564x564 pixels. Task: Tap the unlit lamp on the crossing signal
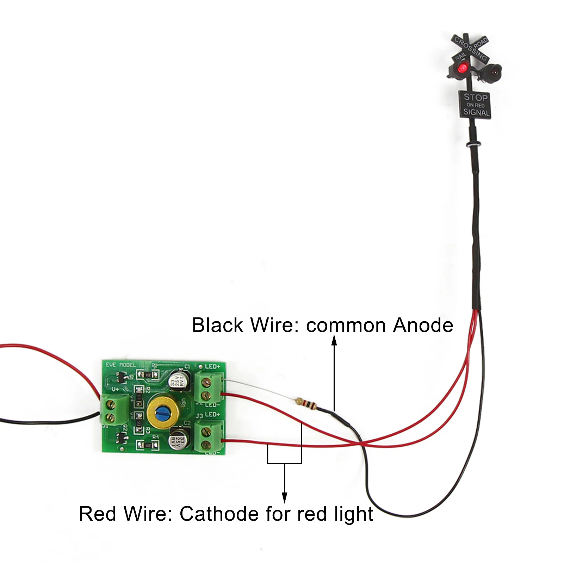494,70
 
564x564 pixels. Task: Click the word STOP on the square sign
475,97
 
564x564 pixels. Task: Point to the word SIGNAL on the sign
476,112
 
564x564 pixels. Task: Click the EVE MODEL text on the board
121,365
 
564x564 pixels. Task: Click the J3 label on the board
199,416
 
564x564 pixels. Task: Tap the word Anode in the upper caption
423,325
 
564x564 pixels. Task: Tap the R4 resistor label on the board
155,437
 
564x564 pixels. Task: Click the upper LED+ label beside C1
212,367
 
